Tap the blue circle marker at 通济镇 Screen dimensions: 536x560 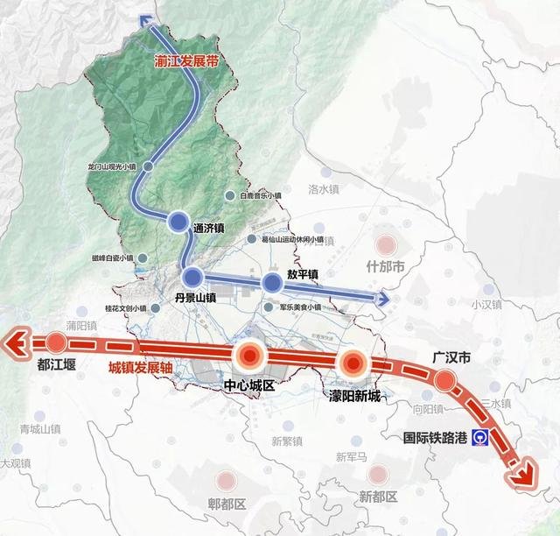179,222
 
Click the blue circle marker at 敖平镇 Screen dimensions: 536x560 272,282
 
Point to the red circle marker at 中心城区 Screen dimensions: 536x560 249,355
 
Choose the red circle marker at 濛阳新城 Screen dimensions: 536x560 353,363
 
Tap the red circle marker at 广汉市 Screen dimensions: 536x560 444,379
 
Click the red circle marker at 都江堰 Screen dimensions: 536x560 57,342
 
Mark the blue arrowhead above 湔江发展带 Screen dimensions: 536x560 146,22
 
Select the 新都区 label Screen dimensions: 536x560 378,497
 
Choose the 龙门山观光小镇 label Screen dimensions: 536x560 114,166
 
